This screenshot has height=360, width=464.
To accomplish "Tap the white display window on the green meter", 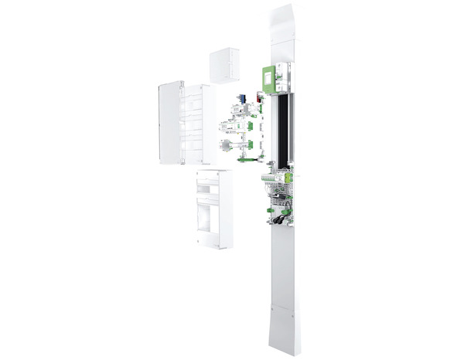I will pyautogui.click(x=267, y=75).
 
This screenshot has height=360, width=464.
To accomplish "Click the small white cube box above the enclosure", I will pyautogui.click(x=225, y=64).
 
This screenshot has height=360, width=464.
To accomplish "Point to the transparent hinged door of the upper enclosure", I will pyautogui.click(x=169, y=124).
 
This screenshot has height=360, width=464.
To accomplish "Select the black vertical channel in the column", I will pyautogui.click(x=284, y=127).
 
